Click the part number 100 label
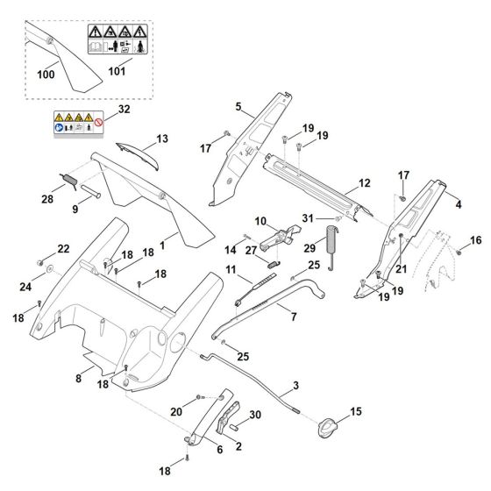point(46,75)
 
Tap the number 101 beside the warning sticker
point(117,71)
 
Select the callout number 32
point(124,109)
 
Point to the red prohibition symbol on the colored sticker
point(99,122)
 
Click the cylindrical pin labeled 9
point(90,191)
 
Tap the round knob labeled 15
point(327,428)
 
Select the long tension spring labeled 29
point(331,247)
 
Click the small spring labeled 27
point(274,264)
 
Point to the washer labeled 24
point(49,268)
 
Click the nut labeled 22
point(40,262)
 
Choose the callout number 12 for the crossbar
point(364,183)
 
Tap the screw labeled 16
point(459,252)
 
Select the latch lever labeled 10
point(279,237)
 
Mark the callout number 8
point(78,379)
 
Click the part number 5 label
point(238,107)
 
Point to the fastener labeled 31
point(338,218)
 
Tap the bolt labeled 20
point(201,397)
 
